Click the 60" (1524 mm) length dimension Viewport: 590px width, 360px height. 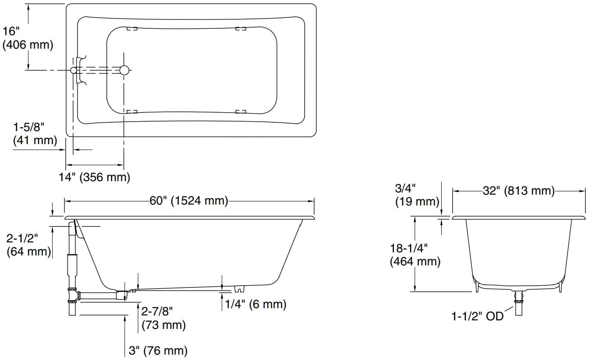pyautogui.click(x=189, y=201)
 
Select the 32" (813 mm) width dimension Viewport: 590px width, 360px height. pyautogui.click(x=518, y=191)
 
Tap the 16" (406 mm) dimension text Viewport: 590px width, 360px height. pyautogui.click(x=27, y=38)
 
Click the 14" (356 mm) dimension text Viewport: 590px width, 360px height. pyautogui.click(x=95, y=177)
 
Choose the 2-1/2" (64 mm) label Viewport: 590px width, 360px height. pyautogui.click(x=28, y=245)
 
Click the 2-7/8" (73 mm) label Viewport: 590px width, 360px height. pyautogui.click(x=163, y=318)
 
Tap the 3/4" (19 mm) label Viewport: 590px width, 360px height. pyautogui.click(x=416, y=194)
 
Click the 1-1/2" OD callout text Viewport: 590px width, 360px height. pyautogui.click(x=477, y=316)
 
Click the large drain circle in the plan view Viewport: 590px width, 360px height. pyautogui.click(x=124, y=70)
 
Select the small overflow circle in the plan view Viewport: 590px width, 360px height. pyautogui.click(x=74, y=70)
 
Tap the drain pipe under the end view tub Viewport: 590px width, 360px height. pyautogui.click(x=519, y=304)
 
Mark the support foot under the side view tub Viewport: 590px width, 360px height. pyautogui.click(x=239, y=288)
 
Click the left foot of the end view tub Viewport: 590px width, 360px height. pyautogui.click(x=476, y=287)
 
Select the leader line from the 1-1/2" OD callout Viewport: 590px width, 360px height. pyautogui.click(x=509, y=311)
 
